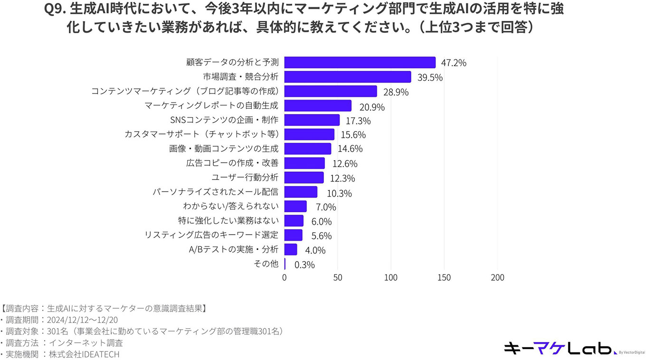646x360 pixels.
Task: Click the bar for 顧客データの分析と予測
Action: [360, 63]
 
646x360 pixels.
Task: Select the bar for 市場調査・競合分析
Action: [348, 77]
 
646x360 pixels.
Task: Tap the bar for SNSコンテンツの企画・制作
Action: [312, 120]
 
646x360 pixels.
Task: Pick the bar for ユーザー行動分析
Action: [304, 178]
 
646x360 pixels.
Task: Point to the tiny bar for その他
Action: [285, 264]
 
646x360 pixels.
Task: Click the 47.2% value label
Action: [453, 63]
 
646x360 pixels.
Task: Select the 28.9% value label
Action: [396, 93]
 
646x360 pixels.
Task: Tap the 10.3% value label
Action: [339, 193]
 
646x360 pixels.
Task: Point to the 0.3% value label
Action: [304, 265]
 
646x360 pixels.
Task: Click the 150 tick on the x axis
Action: [444, 277]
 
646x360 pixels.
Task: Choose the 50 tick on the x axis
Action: [338, 277]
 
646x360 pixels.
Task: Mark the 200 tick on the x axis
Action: [497, 277]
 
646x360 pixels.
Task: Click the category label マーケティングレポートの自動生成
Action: [211, 106]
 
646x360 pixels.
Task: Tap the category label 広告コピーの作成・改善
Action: [232, 163]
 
